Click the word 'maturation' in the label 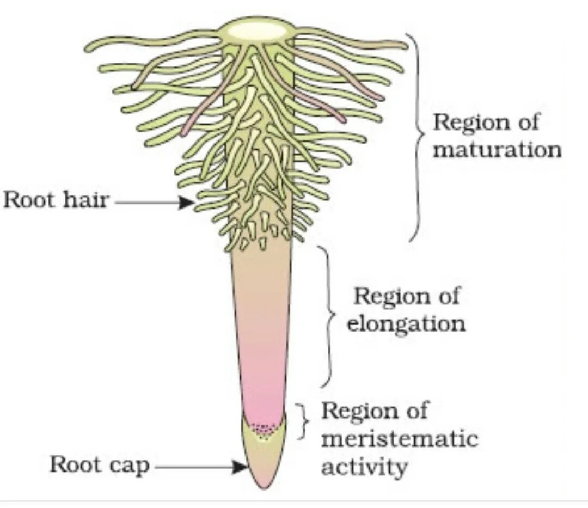pos(497,149)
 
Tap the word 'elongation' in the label pos(406,324)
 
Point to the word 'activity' pos(364,467)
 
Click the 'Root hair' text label pos(56,200)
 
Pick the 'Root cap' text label pos(99,466)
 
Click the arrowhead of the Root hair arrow pos(187,203)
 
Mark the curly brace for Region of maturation pos(418,136)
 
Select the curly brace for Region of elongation pos(328,316)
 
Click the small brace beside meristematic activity pos(303,421)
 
